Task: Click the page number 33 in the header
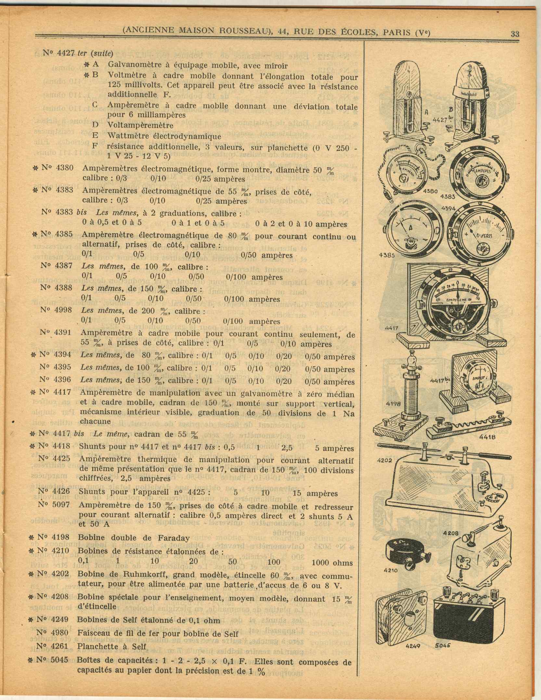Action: (515, 34)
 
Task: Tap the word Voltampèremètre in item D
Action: (140, 125)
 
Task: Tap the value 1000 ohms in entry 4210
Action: (332, 562)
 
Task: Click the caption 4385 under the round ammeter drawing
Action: (387, 255)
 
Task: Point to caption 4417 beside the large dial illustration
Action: (391, 328)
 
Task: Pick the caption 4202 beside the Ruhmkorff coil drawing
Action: (385, 460)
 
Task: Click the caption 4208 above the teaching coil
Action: (450, 533)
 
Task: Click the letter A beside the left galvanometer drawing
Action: (427, 112)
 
